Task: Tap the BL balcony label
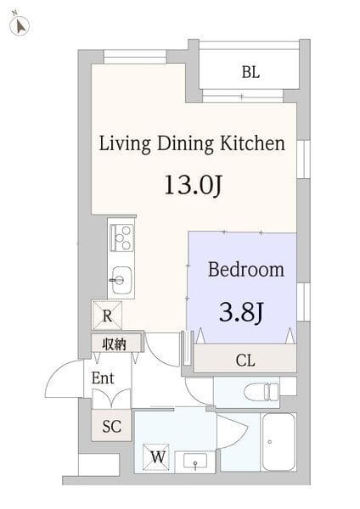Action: click(250, 72)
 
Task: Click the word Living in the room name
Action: click(125, 144)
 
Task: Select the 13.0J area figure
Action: click(193, 186)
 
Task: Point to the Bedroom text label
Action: click(246, 270)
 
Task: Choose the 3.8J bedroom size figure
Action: click(241, 312)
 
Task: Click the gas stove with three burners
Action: click(121, 238)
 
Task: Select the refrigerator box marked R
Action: click(107, 316)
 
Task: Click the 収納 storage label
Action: click(114, 344)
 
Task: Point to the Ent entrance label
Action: click(103, 378)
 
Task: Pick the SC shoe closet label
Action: click(111, 426)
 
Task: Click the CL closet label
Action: click(245, 361)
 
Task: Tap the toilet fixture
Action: click(262, 392)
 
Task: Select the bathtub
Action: click(278, 442)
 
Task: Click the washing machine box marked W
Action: click(156, 457)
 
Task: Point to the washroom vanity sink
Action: click(195, 461)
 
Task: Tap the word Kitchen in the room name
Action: click(253, 143)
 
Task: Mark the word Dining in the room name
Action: click(186, 144)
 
